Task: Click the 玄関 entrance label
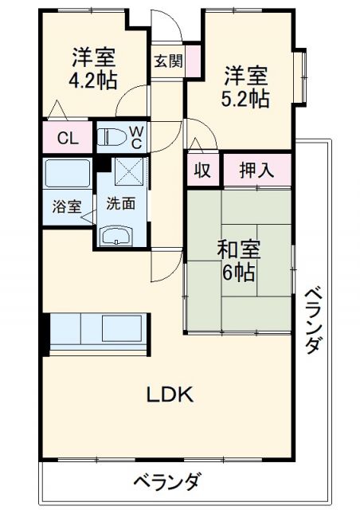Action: (x=167, y=61)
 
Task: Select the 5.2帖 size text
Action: (x=245, y=99)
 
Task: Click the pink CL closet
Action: (x=68, y=137)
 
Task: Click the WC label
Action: (x=136, y=137)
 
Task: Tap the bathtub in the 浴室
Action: (x=67, y=173)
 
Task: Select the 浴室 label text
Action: (x=67, y=206)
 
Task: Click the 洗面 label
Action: (x=121, y=202)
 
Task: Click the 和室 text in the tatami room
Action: (x=238, y=249)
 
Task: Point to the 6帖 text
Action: (x=238, y=273)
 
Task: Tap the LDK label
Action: (x=170, y=393)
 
